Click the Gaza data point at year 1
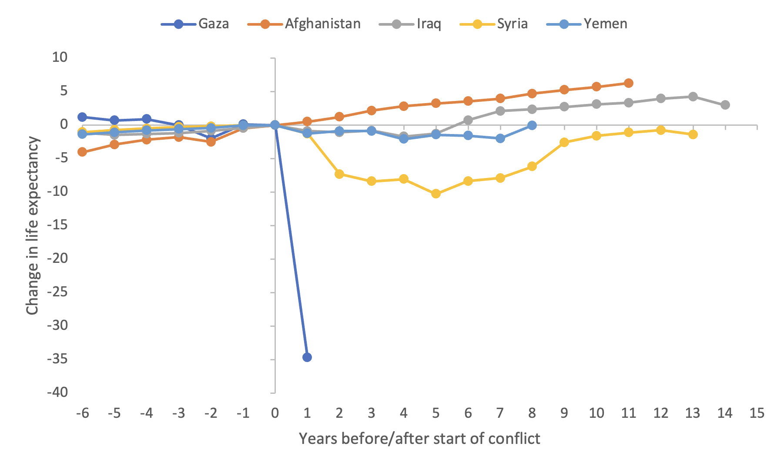click(307, 357)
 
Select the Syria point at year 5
click(436, 194)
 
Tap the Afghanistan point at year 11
click(629, 83)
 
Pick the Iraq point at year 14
click(725, 105)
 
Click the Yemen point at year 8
click(532, 125)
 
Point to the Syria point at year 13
click(693, 134)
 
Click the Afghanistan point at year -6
click(82, 152)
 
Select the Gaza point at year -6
click(82, 117)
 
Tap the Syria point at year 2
click(339, 174)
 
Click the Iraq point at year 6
click(468, 120)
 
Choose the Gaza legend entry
click(195, 23)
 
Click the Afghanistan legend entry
click(304, 23)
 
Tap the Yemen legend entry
click(587, 23)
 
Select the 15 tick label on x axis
click(757, 413)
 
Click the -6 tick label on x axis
click(82, 413)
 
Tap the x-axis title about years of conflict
click(419, 439)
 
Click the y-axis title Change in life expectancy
click(33, 225)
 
